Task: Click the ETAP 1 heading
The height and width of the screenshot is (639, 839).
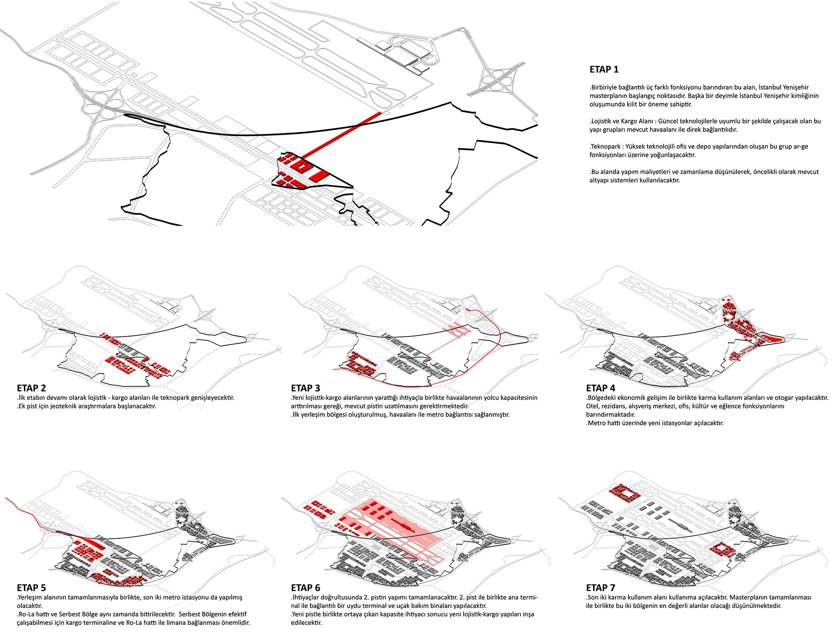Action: pyautogui.click(x=604, y=70)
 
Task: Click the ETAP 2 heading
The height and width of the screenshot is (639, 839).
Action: pyautogui.click(x=31, y=388)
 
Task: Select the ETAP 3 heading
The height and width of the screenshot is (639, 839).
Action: pyautogui.click(x=305, y=388)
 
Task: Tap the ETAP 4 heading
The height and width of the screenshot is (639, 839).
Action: pyautogui.click(x=601, y=388)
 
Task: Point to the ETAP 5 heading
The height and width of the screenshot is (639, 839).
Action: pyautogui.click(x=31, y=588)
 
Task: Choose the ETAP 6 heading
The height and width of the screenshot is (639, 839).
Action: pyautogui.click(x=305, y=588)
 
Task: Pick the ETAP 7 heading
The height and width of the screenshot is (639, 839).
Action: pyautogui.click(x=601, y=588)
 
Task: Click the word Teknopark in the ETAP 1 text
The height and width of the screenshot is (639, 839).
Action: pyautogui.click(x=605, y=147)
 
